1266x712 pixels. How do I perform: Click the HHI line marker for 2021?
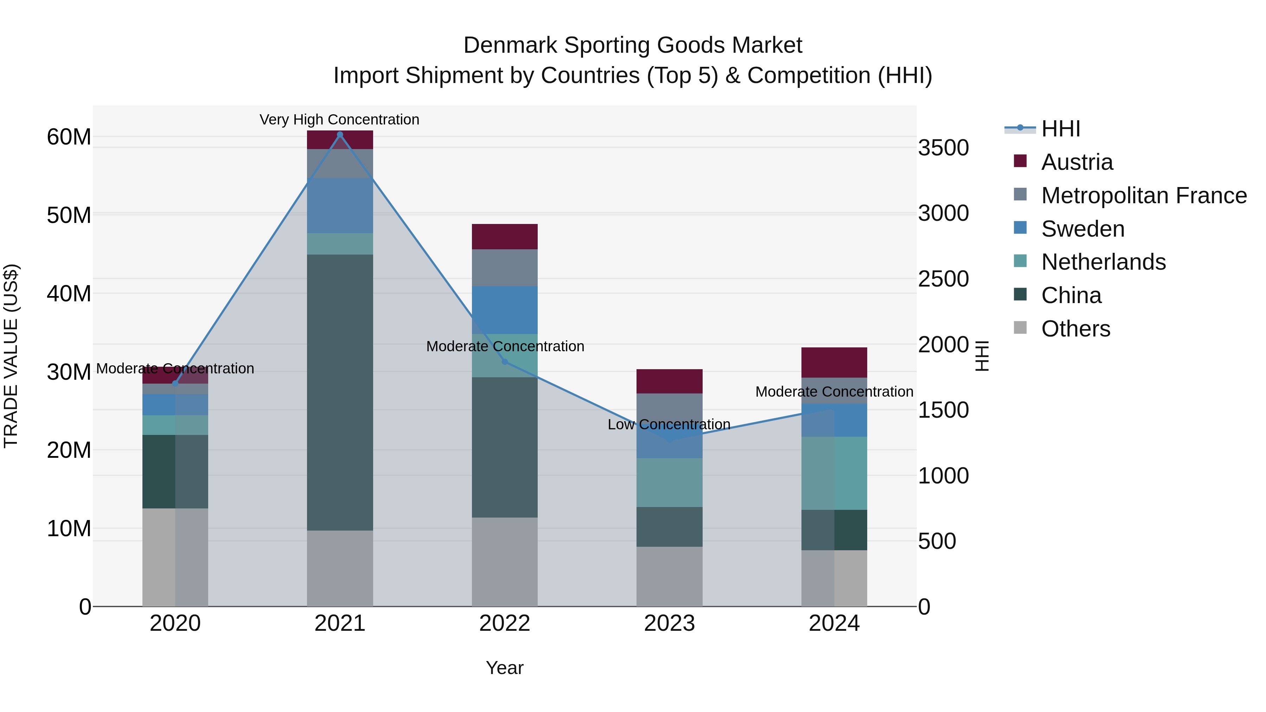click(x=340, y=134)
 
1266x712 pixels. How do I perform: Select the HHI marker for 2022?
click(x=505, y=362)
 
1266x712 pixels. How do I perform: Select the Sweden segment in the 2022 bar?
click(x=505, y=310)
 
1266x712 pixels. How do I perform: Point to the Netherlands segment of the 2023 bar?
click(x=669, y=482)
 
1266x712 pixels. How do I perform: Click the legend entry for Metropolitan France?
click(x=1144, y=195)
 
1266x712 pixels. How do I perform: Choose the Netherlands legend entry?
click(x=1103, y=262)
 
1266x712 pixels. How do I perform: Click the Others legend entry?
click(x=1075, y=329)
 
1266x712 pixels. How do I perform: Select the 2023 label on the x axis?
click(x=669, y=623)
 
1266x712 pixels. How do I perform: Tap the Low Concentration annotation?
click(x=669, y=424)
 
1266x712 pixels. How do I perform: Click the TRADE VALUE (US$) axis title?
click(x=11, y=356)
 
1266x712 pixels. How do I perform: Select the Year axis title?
click(x=505, y=668)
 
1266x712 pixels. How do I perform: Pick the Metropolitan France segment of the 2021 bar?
click(x=340, y=163)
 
